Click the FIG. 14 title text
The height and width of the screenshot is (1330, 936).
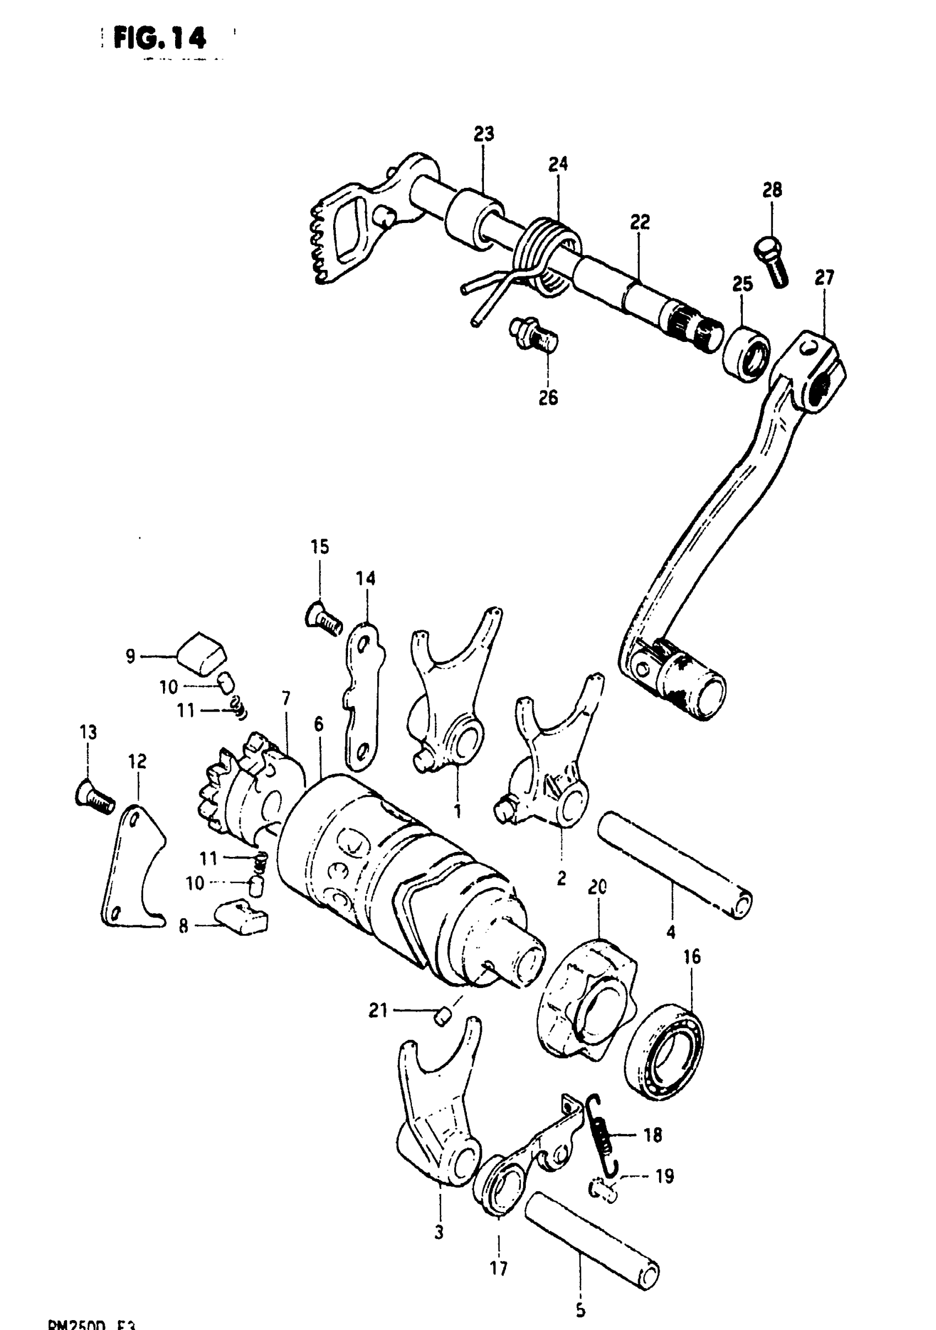[159, 40]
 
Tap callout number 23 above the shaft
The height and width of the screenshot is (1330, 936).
[483, 134]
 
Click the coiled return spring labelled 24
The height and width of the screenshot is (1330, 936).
[547, 255]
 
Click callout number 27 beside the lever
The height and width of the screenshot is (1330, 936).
[824, 278]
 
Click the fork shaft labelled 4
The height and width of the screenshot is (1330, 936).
[675, 865]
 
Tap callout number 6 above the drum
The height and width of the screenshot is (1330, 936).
[319, 724]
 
